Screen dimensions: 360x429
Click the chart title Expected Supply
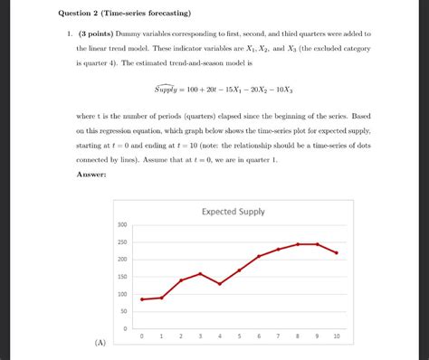pyautogui.click(x=234, y=212)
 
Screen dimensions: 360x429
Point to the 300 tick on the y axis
pyautogui.click(x=122, y=225)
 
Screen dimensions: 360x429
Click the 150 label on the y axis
pyautogui.click(x=122, y=277)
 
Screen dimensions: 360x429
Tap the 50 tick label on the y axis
pyautogui.click(x=124, y=311)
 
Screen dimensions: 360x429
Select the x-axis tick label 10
pyautogui.click(x=337, y=336)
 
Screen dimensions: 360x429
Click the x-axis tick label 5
pyautogui.click(x=240, y=336)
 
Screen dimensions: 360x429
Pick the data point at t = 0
pyautogui.click(x=142, y=299)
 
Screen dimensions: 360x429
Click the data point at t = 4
pyautogui.click(x=220, y=284)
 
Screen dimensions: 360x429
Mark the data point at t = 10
pyautogui.click(x=337, y=253)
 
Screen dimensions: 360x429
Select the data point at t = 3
pyautogui.click(x=201, y=273)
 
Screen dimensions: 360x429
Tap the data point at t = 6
pyautogui.click(x=259, y=257)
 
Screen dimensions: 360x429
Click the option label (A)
pyautogui.click(x=99, y=343)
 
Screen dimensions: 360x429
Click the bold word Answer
pyautogui.click(x=92, y=174)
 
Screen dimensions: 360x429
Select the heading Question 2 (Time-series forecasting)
pyautogui.click(x=121, y=14)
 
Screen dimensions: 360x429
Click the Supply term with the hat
pyautogui.click(x=168, y=90)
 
